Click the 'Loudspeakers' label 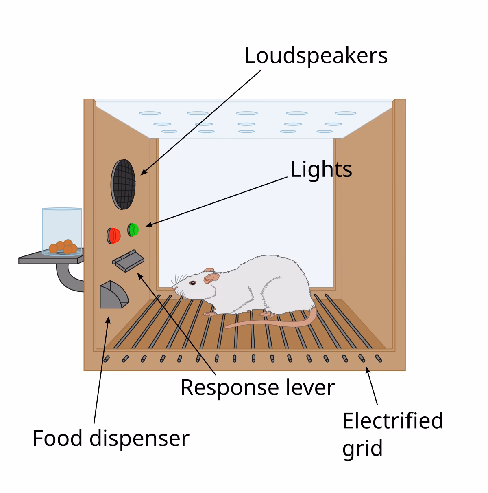tap(316, 56)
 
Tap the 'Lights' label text tap(321, 169)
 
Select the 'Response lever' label tap(257, 387)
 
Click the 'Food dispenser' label tap(111, 438)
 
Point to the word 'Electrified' tap(392, 420)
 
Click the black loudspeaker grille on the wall tap(123, 184)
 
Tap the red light tap(114, 235)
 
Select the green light tap(133, 230)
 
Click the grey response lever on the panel tap(129, 260)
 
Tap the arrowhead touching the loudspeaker tap(143, 173)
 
